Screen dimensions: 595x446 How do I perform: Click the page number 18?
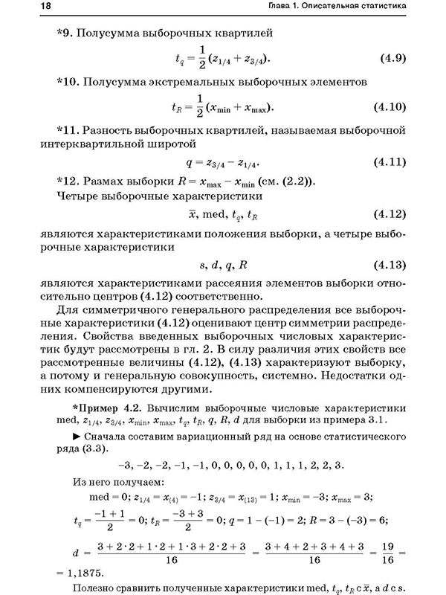25,7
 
